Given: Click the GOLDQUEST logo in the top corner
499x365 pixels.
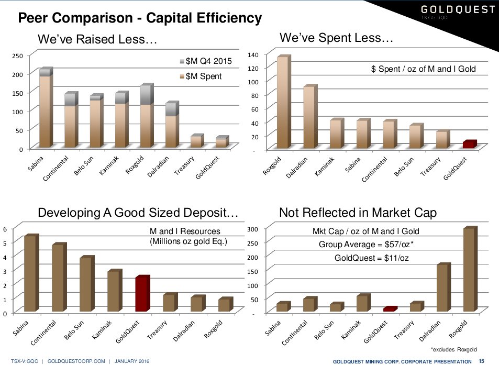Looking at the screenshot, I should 457,10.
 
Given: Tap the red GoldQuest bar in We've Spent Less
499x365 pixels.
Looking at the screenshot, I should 469,145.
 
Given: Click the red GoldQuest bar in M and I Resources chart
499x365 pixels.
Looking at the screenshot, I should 142,294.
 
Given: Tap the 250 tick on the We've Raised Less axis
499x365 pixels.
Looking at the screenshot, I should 18,56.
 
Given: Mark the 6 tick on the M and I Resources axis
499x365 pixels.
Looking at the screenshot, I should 6,229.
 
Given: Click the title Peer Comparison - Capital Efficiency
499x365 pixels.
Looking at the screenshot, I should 140,19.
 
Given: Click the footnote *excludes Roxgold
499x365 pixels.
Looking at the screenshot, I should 454,349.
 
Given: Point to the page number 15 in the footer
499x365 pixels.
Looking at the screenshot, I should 482,361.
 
